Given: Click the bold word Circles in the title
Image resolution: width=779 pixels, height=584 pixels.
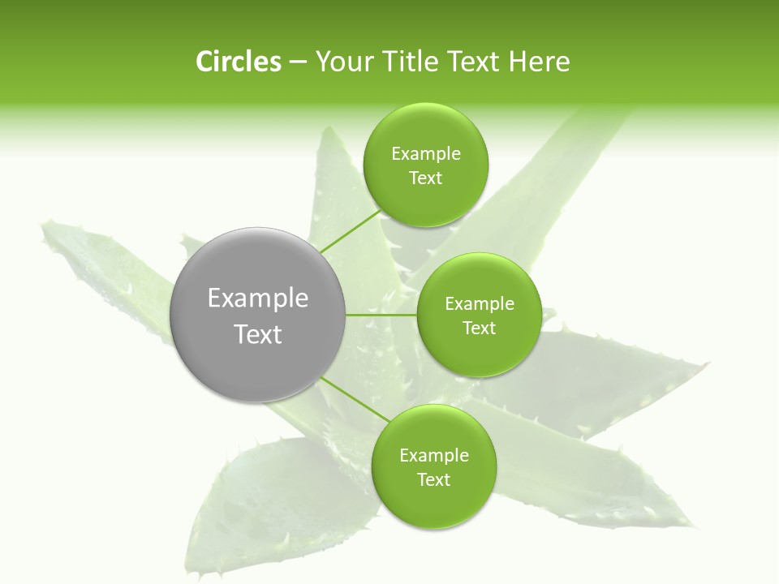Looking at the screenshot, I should (x=238, y=62).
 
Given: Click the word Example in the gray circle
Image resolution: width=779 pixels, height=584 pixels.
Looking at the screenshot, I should (x=258, y=298).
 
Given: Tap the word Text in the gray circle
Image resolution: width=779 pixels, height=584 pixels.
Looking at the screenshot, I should (x=258, y=334).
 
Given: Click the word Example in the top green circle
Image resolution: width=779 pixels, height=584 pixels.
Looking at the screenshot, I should (x=426, y=154).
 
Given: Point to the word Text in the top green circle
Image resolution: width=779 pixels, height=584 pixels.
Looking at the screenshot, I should (x=426, y=178).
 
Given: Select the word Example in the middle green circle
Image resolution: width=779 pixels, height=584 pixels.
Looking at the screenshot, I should (x=480, y=304).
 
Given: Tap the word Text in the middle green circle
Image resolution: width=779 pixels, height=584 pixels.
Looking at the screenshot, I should (x=480, y=328).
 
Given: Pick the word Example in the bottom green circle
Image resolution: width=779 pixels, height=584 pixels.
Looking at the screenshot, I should (x=434, y=456).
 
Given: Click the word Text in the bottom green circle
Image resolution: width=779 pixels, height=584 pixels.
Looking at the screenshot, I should (x=434, y=480).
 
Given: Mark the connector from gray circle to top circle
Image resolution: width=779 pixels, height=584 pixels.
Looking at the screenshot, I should (x=351, y=231).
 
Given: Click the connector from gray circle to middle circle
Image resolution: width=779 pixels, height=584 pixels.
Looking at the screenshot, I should (x=381, y=315).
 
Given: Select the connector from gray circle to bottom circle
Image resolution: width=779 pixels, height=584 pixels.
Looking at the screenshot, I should (x=355, y=400).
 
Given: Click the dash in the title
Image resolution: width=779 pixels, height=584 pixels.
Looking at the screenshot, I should (x=298, y=62).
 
